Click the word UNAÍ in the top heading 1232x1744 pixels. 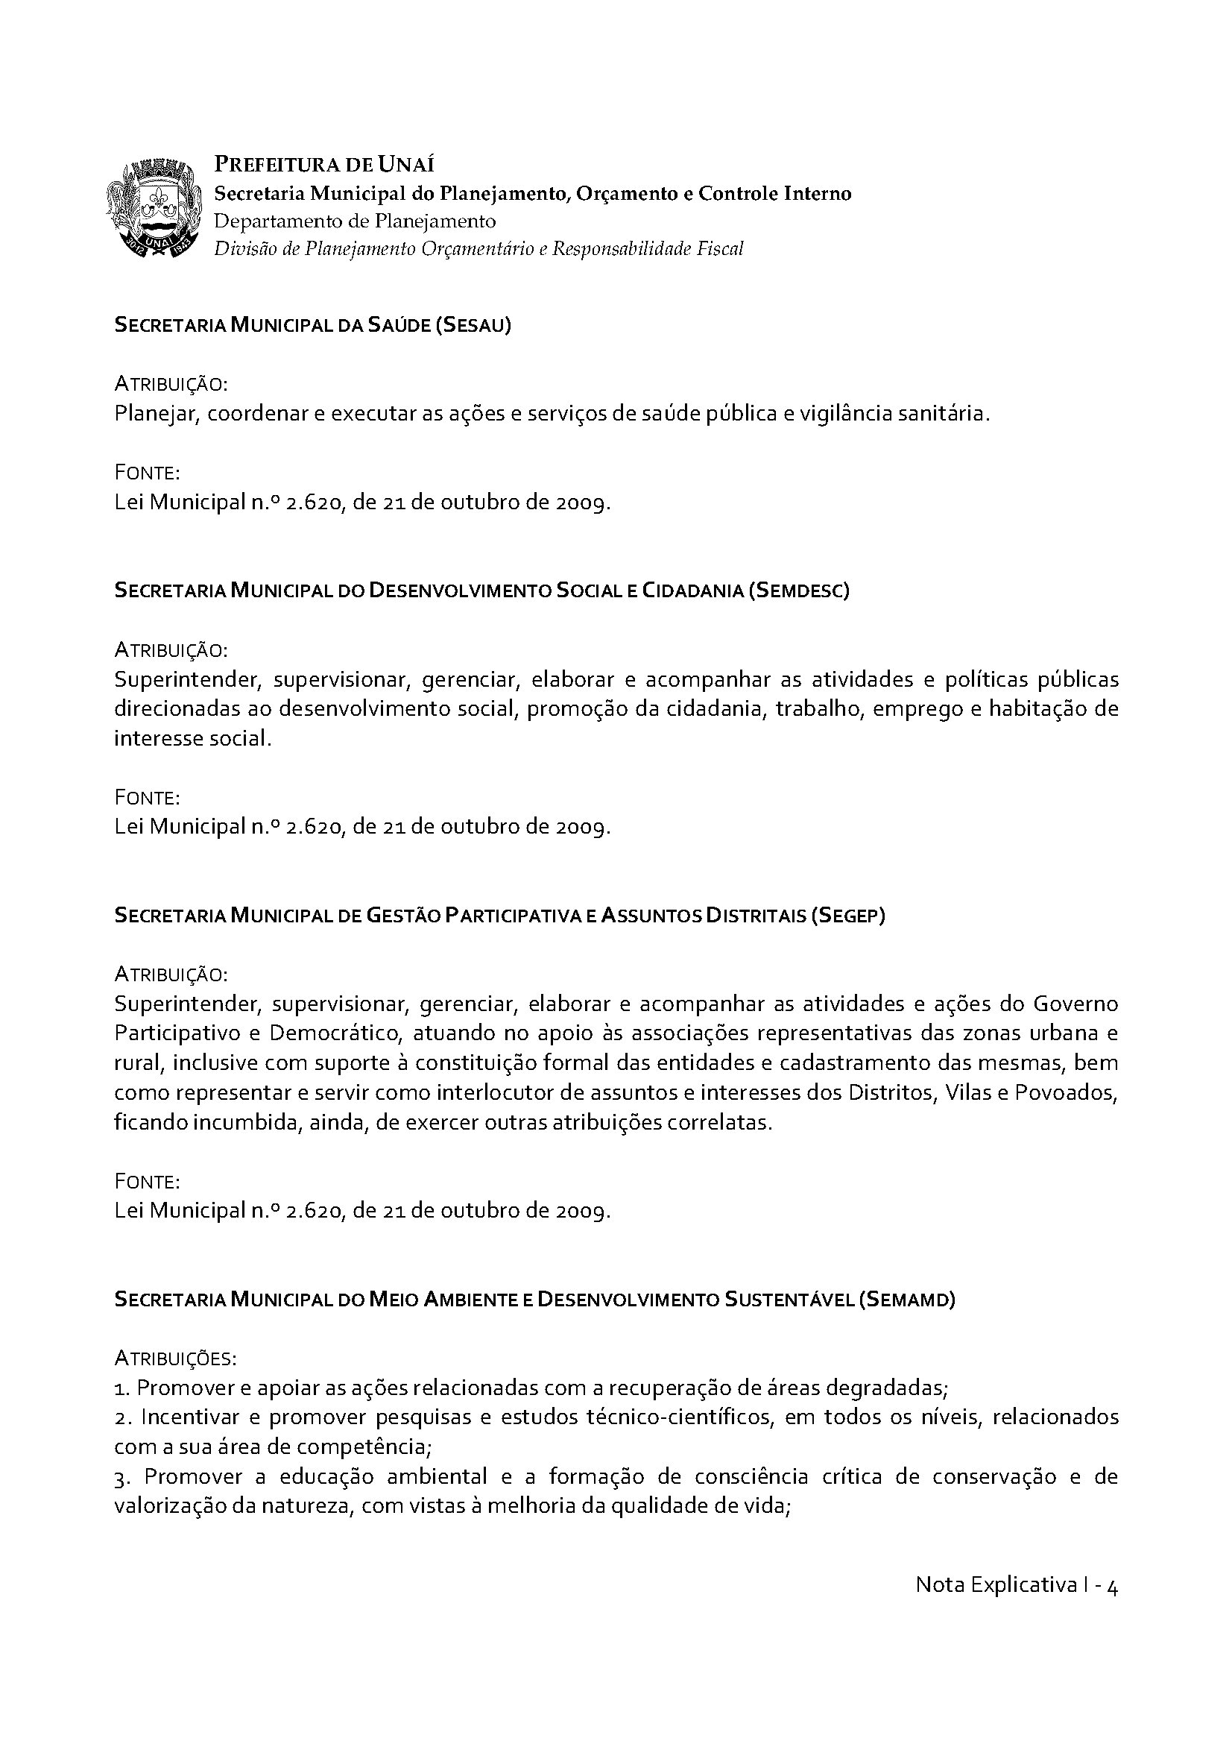click(x=407, y=165)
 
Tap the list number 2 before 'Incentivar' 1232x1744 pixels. click(x=120, y=1417)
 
